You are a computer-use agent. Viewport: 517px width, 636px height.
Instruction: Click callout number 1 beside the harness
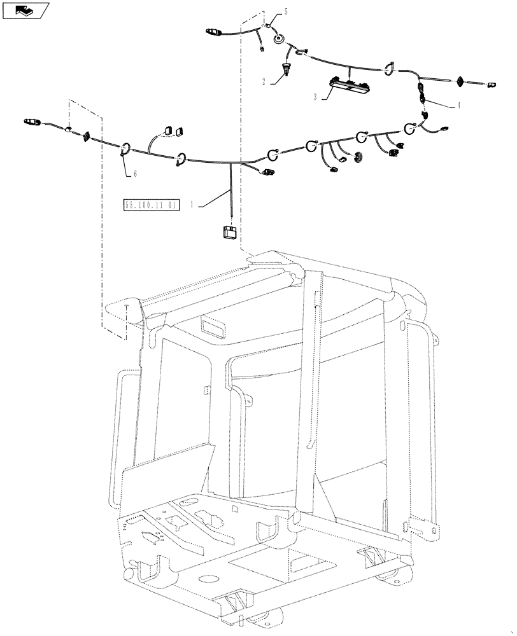click(193, 205)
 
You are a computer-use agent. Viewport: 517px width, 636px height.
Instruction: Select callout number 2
click(263, 82)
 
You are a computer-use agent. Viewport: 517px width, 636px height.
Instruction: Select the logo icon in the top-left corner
click(25, 10)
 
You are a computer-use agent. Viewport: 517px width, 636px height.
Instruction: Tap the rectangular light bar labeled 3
click(347, 83)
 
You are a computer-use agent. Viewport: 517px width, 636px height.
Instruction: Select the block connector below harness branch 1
click(229, 232)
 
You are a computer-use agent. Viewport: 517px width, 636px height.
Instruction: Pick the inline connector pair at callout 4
click(421, 92)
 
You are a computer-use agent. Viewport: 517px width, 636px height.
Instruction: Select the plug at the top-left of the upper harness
click(213, 31)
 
